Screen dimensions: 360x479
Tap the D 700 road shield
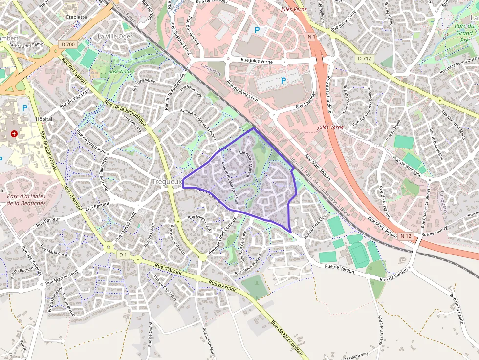[x=68, y=44]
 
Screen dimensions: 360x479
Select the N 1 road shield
[x=312, y=37]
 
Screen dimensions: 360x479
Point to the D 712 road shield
[x=364, y=58]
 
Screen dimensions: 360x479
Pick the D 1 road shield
[x=123, y=254]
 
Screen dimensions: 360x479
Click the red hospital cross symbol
[x=14, y=133]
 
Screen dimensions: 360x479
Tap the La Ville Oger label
[x=115, y=36]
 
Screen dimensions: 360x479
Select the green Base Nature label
[x=122, y=71]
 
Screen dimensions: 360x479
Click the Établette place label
[x=76, y=17]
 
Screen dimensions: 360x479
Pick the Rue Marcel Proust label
[x=49, y=151]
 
